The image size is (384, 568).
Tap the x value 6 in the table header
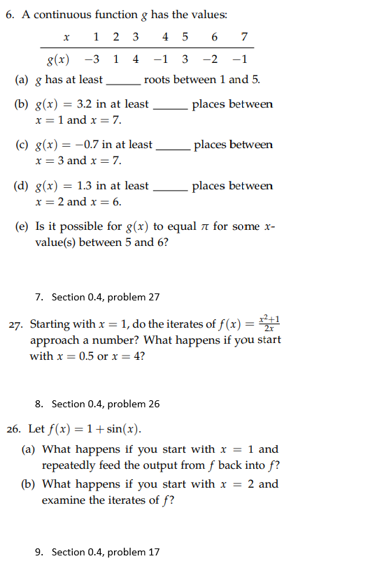[215, 37]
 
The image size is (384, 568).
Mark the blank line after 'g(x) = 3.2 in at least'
[170, 108]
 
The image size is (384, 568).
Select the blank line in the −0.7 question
[173, 149]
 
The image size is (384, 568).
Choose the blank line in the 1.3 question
[170, 190]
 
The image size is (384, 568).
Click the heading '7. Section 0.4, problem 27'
[97, 297]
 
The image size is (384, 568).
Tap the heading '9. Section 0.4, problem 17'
[97, 552]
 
